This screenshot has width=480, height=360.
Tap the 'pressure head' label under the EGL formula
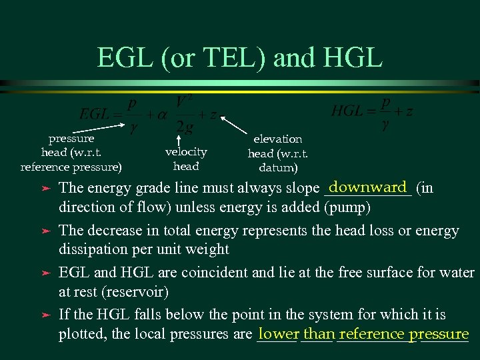tap(71, 152)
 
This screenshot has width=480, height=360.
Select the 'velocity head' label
tap(186, 159)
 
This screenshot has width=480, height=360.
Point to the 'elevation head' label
tap(277, 153)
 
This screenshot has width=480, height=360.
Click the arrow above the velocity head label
tap(179, 140)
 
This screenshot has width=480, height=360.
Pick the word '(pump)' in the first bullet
tap(347, 207)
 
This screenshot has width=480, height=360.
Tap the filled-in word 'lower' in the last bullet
tap(279, 334)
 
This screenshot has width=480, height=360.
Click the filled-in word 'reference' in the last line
tap(372, 334)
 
